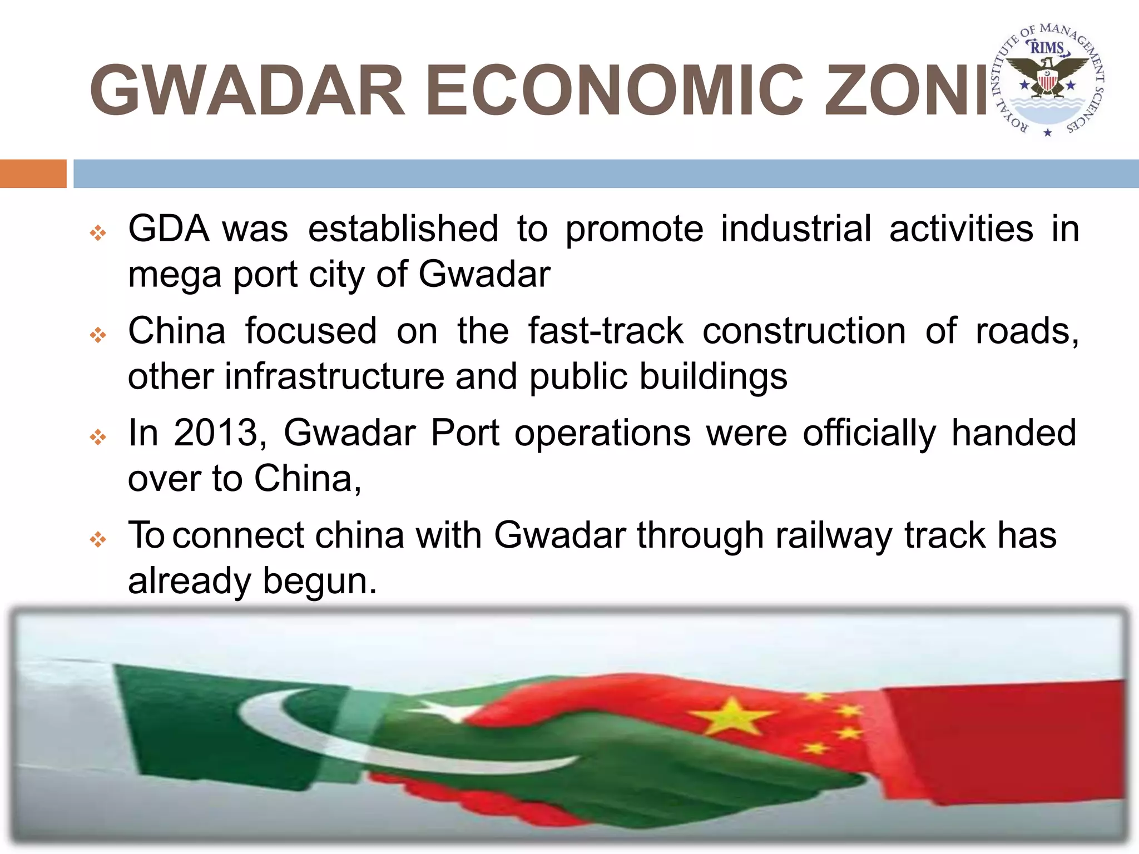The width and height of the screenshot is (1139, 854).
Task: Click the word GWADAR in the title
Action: point(248,90)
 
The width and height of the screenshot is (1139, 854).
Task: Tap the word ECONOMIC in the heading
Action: point(615,90)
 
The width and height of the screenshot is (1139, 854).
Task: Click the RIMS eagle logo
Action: point(1048,81)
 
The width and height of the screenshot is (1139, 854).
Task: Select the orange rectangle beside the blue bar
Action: point(33,173)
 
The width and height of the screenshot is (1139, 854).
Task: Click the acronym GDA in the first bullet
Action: point(169,229)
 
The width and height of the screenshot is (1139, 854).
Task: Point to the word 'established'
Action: point(403,229)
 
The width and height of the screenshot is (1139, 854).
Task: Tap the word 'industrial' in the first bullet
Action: point(796,229)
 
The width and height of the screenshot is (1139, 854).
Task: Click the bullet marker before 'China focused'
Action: point(98,335)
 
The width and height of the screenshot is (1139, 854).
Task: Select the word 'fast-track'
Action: point(606,331)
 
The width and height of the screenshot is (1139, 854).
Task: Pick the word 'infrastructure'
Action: point(334,376)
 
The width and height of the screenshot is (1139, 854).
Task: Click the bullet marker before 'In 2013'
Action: point(98,437)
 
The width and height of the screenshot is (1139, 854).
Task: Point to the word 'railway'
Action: point(834,536)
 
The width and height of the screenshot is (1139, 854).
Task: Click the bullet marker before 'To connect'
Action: point(98,539)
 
